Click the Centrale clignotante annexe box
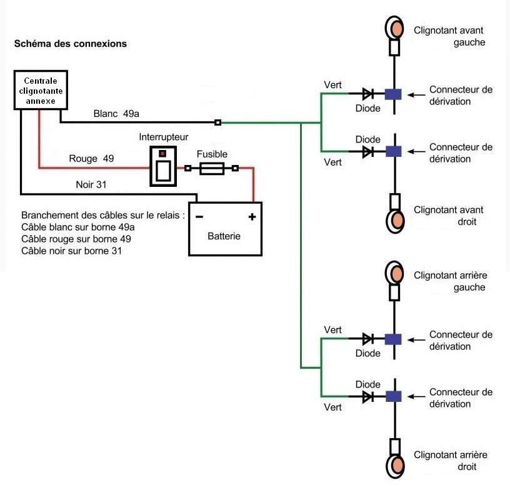(x=39, y=91)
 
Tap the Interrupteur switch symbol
(x=163, y=167)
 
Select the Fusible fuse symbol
(x=211, y=168)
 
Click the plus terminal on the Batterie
(x=252, y=217)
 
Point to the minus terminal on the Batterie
(x=199, y=217)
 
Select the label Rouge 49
(x=91, y=159)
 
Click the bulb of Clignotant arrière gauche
(x=395, y=272)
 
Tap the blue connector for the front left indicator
(x=393, y=94)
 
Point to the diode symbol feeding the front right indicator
(x=368, y=151)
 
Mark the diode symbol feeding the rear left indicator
(x=368, y=339)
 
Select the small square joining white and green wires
(x=217, y=122)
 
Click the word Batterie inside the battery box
(x=224, y=237)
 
